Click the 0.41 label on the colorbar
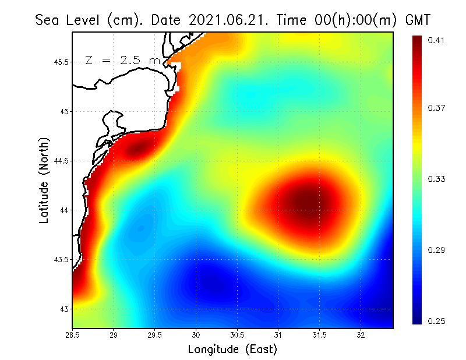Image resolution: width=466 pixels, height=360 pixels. tap(436, 40)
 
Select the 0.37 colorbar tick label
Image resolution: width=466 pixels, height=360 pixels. tap(436, 108)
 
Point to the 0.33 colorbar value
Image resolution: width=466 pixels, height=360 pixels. tap(436, 179)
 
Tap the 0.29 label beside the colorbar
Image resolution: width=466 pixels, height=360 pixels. tap(436, 250)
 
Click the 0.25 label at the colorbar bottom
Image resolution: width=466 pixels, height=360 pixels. tap(436, 321)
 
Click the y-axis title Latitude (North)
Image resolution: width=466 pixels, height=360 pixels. tap(44, 180)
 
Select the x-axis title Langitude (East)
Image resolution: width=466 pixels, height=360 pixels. tap(232, 350)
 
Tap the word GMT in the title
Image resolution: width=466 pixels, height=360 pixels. tap(418, 20)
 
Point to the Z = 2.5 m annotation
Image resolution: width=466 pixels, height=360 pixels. tap(122, 61)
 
